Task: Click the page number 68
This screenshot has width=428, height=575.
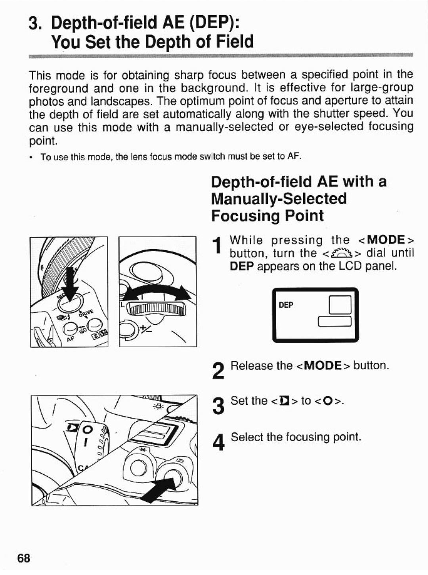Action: tap(24, 558)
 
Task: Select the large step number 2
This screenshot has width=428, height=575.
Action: tap(218, 371)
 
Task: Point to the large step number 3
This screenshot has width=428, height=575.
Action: tap(218, 407)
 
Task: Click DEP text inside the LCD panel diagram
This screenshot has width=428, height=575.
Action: tap(286, 305)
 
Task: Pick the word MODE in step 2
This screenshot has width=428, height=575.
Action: tap(323, 366)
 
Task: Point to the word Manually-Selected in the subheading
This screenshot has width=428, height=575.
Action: tap(279, 198)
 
